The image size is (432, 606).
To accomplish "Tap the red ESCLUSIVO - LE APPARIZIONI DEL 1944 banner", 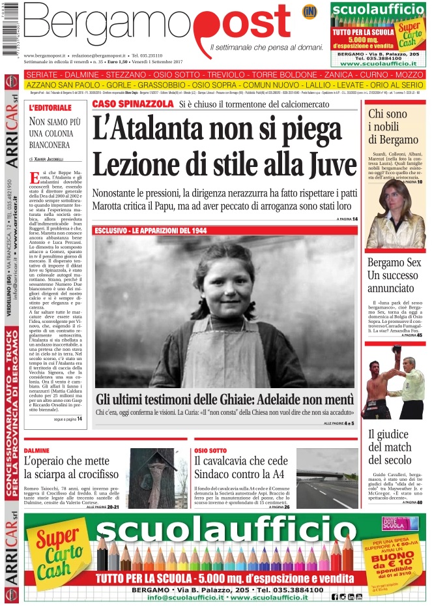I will (152, 230).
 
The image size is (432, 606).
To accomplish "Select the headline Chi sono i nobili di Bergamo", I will (393, 127).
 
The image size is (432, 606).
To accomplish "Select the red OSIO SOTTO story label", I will (210, 451).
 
